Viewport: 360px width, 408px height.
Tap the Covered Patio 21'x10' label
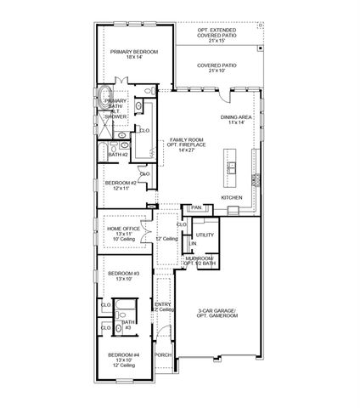click(217, 67)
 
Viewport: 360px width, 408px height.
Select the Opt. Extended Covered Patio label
click(217, 35)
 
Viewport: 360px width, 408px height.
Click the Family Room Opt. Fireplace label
click(188, 144)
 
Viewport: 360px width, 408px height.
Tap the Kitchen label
click(232, 197)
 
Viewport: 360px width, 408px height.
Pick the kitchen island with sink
click(228, 162)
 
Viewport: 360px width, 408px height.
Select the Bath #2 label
click(118, 155)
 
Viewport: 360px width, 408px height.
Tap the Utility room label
click(205, 235)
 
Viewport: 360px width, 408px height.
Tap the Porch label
click(163, 354)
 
